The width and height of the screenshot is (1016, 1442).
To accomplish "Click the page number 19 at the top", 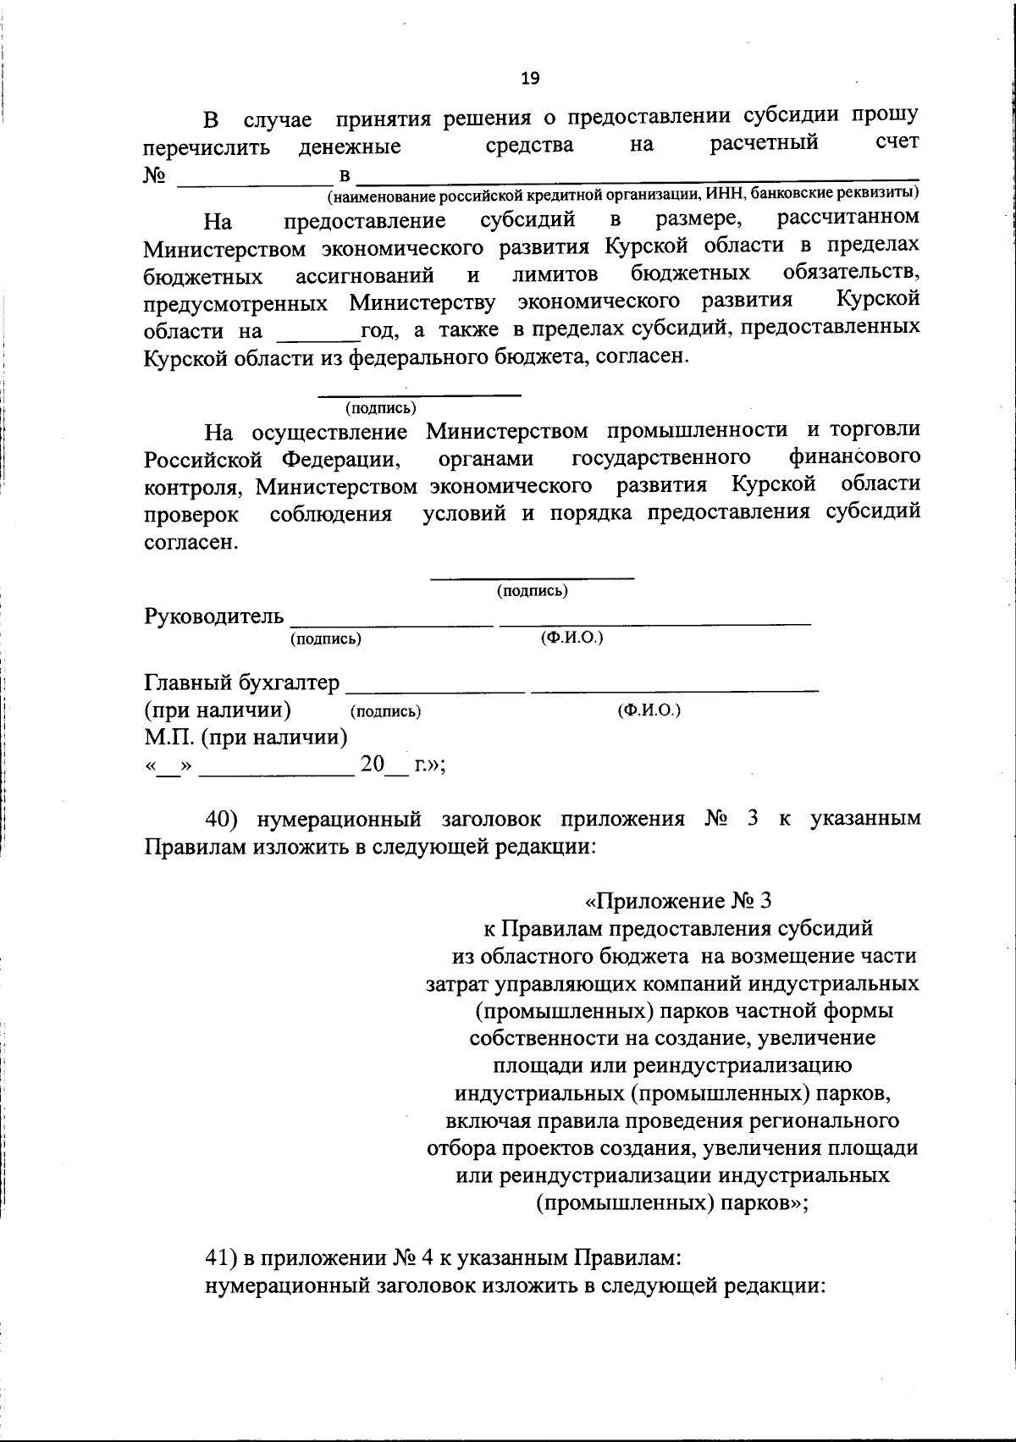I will [x=530, y=79].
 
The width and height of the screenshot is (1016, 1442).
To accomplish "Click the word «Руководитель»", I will [x=213, y=616].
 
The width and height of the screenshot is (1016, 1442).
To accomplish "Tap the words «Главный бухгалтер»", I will [x=242, y=682].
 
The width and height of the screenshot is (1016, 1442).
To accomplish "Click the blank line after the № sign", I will [x=254, y=178].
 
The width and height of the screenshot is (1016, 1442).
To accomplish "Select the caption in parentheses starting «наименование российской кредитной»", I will [x=625, y=195].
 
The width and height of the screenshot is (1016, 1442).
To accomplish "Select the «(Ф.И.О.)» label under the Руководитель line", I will [x=571, y=638].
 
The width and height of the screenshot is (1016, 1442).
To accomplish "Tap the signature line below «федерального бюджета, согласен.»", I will [x=419, y=394].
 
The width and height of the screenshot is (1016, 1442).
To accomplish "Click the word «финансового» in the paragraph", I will [x=854, y=457].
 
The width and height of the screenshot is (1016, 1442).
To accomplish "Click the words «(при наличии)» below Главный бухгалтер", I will [x=218, y=710].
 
